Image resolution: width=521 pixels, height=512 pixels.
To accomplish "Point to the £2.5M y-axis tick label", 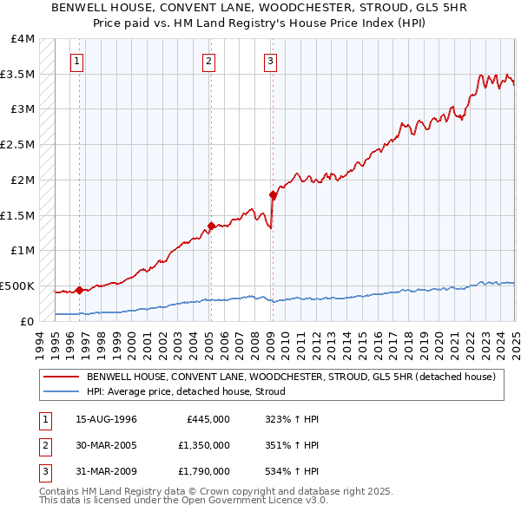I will coord(18,145).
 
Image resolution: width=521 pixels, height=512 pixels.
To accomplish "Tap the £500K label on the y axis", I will coord(17,286).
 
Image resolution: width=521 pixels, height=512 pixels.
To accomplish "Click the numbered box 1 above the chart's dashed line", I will coord(78,61).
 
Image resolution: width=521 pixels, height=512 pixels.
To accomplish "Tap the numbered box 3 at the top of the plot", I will coord(271,61).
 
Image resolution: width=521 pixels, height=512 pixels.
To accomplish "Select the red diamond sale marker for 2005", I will coord(210,226).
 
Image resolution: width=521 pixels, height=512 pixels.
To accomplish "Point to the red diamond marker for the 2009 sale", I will coord(272,195).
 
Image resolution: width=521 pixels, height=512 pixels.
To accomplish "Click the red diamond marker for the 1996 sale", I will coord(79,290).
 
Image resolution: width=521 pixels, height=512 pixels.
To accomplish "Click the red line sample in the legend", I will coord(61,377).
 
